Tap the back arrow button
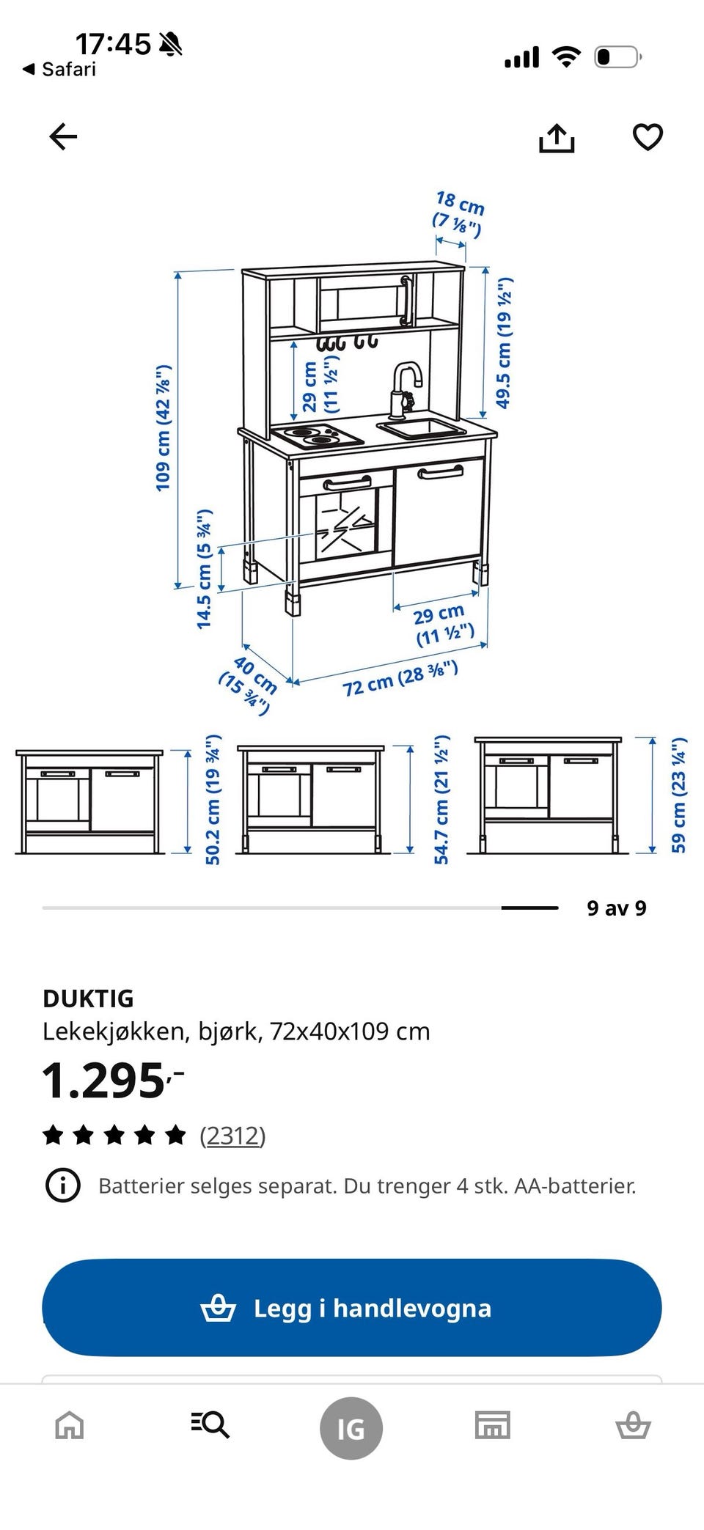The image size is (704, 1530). [63, 136]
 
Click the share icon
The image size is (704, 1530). [557, 138]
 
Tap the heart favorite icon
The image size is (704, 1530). [648, 137]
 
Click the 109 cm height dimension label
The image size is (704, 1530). [163, 427]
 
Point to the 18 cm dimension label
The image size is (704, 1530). [459, 214]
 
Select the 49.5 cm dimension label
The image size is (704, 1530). [504, 342]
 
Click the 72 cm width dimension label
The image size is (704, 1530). [400, 678]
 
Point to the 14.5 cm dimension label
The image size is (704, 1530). [204, 568]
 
